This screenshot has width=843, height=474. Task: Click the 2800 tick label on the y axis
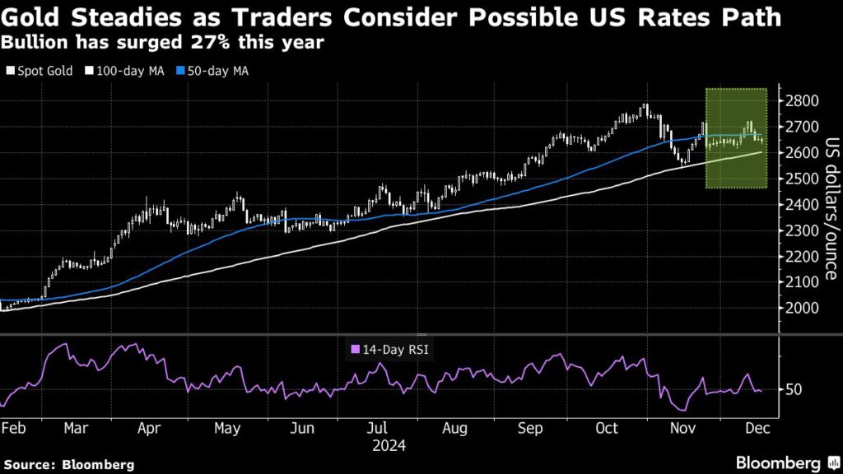tap(802, 101)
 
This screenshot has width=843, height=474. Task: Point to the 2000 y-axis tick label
tap(802, 308)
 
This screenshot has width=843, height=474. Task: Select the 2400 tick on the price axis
tap(802, 204)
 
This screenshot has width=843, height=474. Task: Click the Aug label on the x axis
tap(454, 428)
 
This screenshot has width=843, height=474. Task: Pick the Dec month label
tap(757, 428)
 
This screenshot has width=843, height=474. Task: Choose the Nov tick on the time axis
tap(682, 428)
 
